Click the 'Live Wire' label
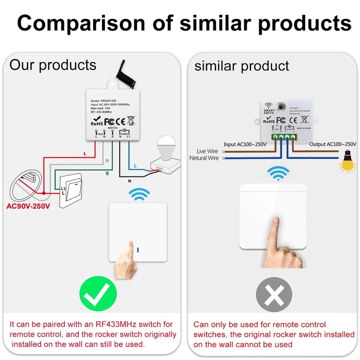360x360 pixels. tap(207, 151)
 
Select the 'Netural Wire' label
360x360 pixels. tap(204, 158)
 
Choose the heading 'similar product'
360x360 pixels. tap(242, 66)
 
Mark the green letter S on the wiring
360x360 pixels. tap(107, 173)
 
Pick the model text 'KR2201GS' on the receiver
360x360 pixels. tap(111, 101)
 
